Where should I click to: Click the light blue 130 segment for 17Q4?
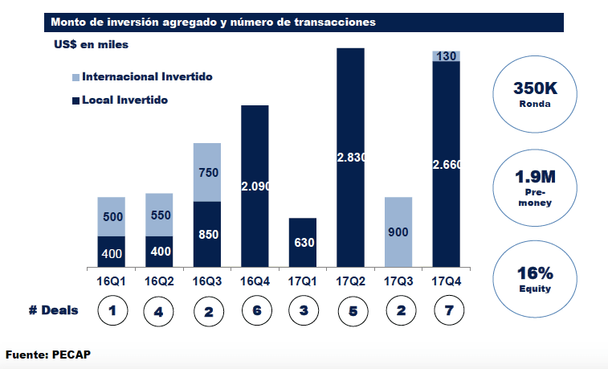pyautogui.click(x=446, y=55)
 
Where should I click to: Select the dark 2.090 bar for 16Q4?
pyautogui.click(x=255, y=186)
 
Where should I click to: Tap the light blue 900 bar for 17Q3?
pyautogui.click(x=398, y=232)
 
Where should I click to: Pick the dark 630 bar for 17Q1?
pyautogui.click(x=303, y=242)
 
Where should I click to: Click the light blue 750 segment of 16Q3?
pyautogui.click(x=207, y=172)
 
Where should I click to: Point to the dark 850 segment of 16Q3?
pyautogui.click(x=207, y=234)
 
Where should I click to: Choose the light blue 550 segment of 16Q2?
pyautogui.click(x=159, y=215)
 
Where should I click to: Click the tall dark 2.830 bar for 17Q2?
pyautogui.click(x=351, y=158)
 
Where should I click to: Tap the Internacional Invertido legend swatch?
pyautogui.click(x=75, y=78)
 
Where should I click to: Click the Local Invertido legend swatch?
pyautogui.click(x=75, y=101)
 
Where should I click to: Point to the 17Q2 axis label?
pyautogui.click(x=351, y=281)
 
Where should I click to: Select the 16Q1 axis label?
pyautogui.click(x=111, y=281)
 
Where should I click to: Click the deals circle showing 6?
pyautogui.click(x=255, y=311)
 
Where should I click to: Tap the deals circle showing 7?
pyautogui.click(x=446, y=311)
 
